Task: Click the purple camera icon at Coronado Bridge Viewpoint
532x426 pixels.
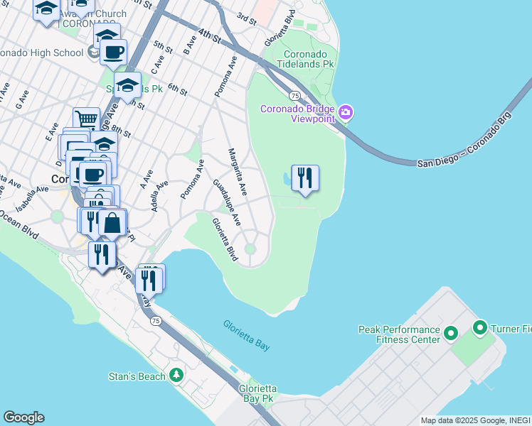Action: [x=346, y=112]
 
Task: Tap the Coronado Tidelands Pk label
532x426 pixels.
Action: [x=308, y=60]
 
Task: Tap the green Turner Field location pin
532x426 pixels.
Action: [x=479, y=328]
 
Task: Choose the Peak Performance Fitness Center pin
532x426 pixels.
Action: [x=449, y=333]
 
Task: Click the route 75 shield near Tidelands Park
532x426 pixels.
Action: [x=293, y=95]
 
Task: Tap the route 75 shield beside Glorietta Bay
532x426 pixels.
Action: [x=156, y=322]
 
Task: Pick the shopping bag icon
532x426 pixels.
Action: [x=112, y=222]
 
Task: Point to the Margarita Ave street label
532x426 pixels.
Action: [x=237, y=172]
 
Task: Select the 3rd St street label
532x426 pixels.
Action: [x=245, y=16]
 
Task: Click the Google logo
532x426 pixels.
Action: [x=23, y=417]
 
